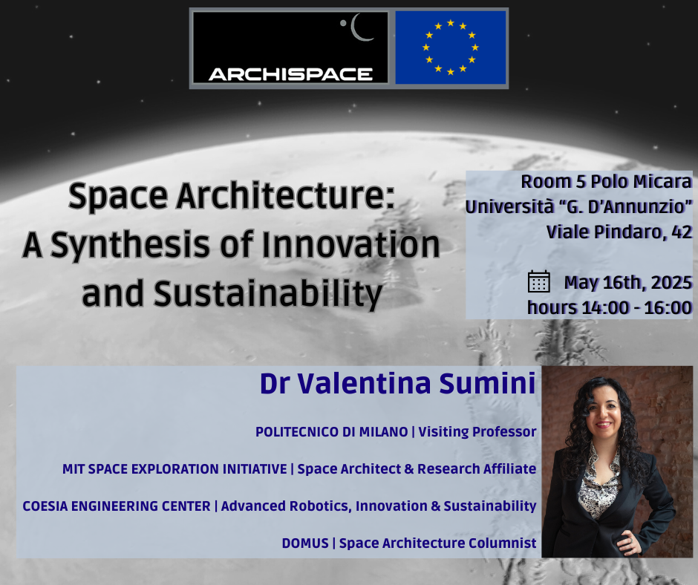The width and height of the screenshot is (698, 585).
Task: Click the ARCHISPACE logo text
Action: point(290,74)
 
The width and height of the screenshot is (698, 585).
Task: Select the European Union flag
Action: point(451,48)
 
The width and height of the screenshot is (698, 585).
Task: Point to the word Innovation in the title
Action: point(350,244)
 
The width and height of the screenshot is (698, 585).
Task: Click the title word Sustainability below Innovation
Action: point(268,295)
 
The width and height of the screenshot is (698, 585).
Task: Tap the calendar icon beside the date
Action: point(538,282)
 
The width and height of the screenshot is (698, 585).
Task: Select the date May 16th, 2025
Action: point(627,283)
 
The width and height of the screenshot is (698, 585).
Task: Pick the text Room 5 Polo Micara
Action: point(607,182)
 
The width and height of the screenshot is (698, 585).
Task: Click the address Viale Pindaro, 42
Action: point(619,232)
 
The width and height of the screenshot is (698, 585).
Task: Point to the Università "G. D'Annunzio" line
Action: point(578,206)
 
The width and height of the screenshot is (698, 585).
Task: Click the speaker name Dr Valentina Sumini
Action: point(397,383)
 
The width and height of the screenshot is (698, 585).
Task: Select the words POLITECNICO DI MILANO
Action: point(332,432)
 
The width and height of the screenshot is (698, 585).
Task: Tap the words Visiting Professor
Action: point(477,432)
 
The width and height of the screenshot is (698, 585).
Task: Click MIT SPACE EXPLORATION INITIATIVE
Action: point(174,468)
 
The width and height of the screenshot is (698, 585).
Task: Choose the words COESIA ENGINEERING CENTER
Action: point(116,506)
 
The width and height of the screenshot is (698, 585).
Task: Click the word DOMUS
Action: point(305,543)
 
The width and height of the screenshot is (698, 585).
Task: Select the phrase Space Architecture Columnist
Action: point(437,543)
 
